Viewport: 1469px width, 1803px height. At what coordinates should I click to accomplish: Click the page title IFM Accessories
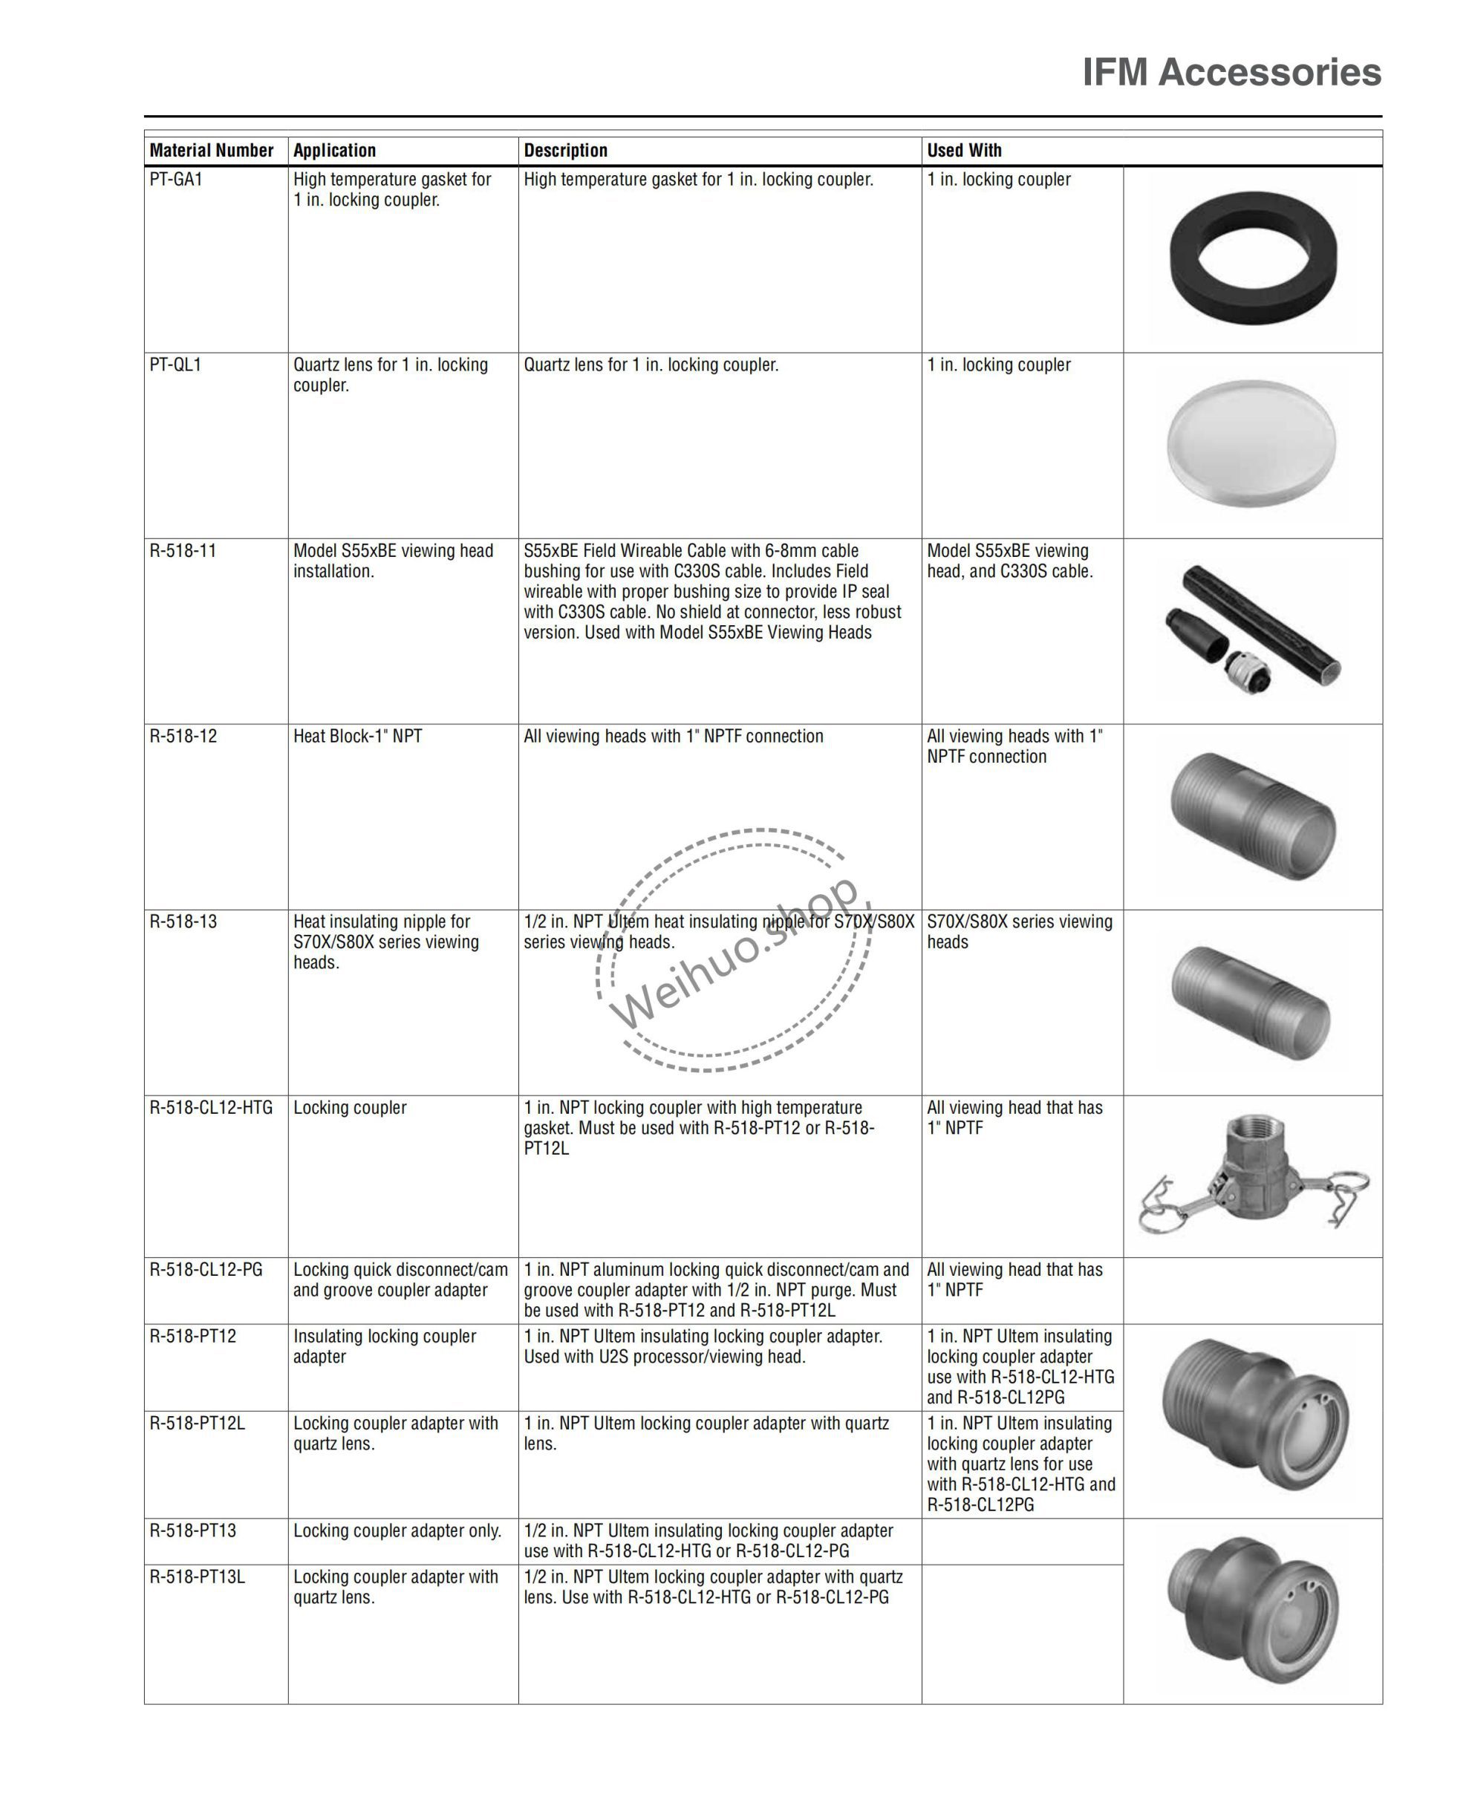pyautogui.click(x=1231, y=73)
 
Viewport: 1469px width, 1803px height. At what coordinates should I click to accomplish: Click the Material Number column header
pyautogui.click(x=212, y=151)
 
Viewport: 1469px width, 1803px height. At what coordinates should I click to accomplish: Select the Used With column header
pyautogui.click(x=964, y=151)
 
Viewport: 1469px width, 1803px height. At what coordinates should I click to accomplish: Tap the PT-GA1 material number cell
pyautogui.click(x=176, y=180)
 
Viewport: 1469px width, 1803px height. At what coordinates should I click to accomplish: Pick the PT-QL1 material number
pyautogui.click(x=175, y=365)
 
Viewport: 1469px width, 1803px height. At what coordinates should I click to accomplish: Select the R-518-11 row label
pyautogui.click(x=183, y=551)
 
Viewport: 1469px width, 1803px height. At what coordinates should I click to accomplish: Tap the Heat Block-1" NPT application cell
pyautogui.click(x=357, y=736)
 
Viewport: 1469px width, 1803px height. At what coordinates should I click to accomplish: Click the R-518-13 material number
pyautogui.click(x=183, y=922)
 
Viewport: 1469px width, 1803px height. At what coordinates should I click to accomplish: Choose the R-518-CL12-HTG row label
pyautogui.click(x=211, y=1107)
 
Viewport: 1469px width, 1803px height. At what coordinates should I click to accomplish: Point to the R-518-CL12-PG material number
pyautogui.click(x=206, y=1270)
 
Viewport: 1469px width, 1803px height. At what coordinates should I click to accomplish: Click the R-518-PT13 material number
pyautogui.click(x=193, y=1530)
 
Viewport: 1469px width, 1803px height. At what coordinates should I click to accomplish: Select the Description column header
pyautogui.click(x=565, y=151)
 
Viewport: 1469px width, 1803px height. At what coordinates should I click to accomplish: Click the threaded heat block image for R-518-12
pyautogui.click(x=1252, y=815)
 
